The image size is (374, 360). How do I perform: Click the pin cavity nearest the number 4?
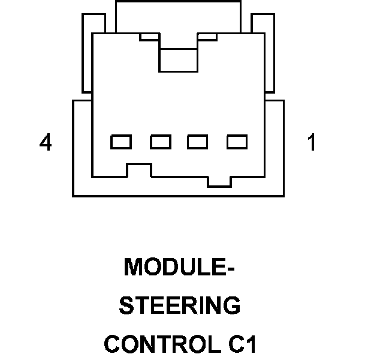tap(121, 142)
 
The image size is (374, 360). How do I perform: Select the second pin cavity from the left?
tap(161, 142)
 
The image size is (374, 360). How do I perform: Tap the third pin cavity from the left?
tap(198, 142)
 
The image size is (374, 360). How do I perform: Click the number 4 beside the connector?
tap(46, 143)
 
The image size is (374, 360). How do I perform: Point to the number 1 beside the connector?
tap(311, 143)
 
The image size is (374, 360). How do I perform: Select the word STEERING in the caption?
tap(180, 306)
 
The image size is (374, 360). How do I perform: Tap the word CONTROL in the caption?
tap(161, 345)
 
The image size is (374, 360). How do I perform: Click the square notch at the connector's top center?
tap(179, 58)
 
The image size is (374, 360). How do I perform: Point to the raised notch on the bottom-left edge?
tap(139, 170)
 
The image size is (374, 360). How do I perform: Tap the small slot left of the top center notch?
tap(149, 37)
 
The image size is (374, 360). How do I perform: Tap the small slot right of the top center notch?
tap(207, 37)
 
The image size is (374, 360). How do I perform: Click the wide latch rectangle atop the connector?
tap(178, 17)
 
